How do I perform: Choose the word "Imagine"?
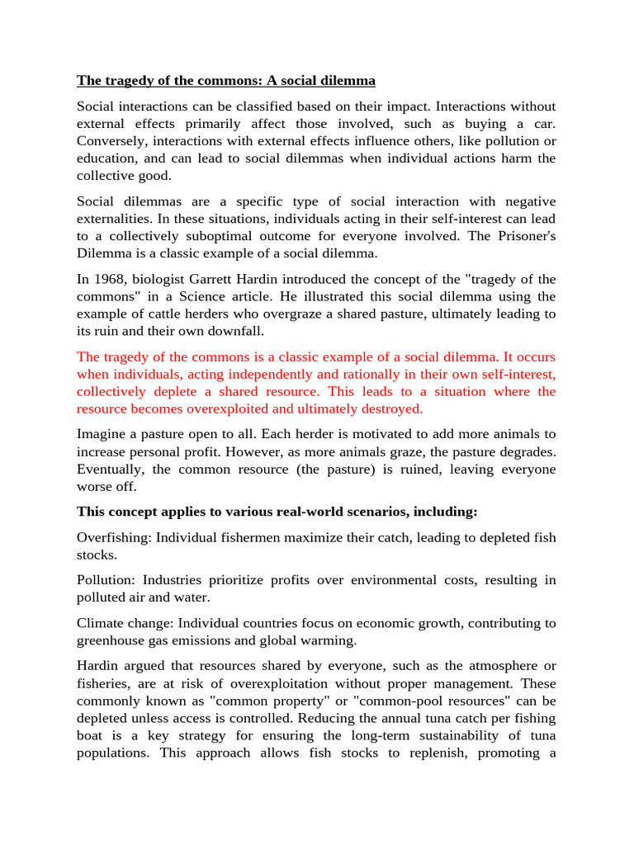click(102, 433)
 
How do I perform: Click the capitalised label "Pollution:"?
click(107, 580)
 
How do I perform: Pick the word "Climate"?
click(101, 623)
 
